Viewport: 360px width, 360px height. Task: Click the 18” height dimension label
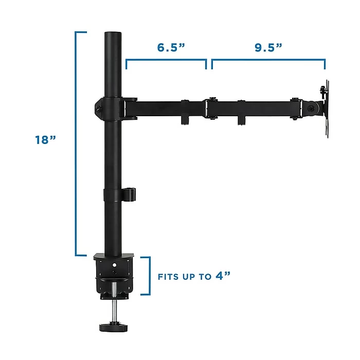[45, 139]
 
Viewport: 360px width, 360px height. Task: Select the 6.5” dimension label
[171, 47]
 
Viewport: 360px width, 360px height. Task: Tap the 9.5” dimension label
[268, 47]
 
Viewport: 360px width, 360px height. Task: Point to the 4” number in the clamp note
[223, 276]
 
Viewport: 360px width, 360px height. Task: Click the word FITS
[168, 277]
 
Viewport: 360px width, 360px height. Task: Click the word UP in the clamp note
[189, 277]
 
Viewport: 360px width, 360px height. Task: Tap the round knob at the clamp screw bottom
[114, 327]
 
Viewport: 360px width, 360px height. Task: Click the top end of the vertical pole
[113, 32]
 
